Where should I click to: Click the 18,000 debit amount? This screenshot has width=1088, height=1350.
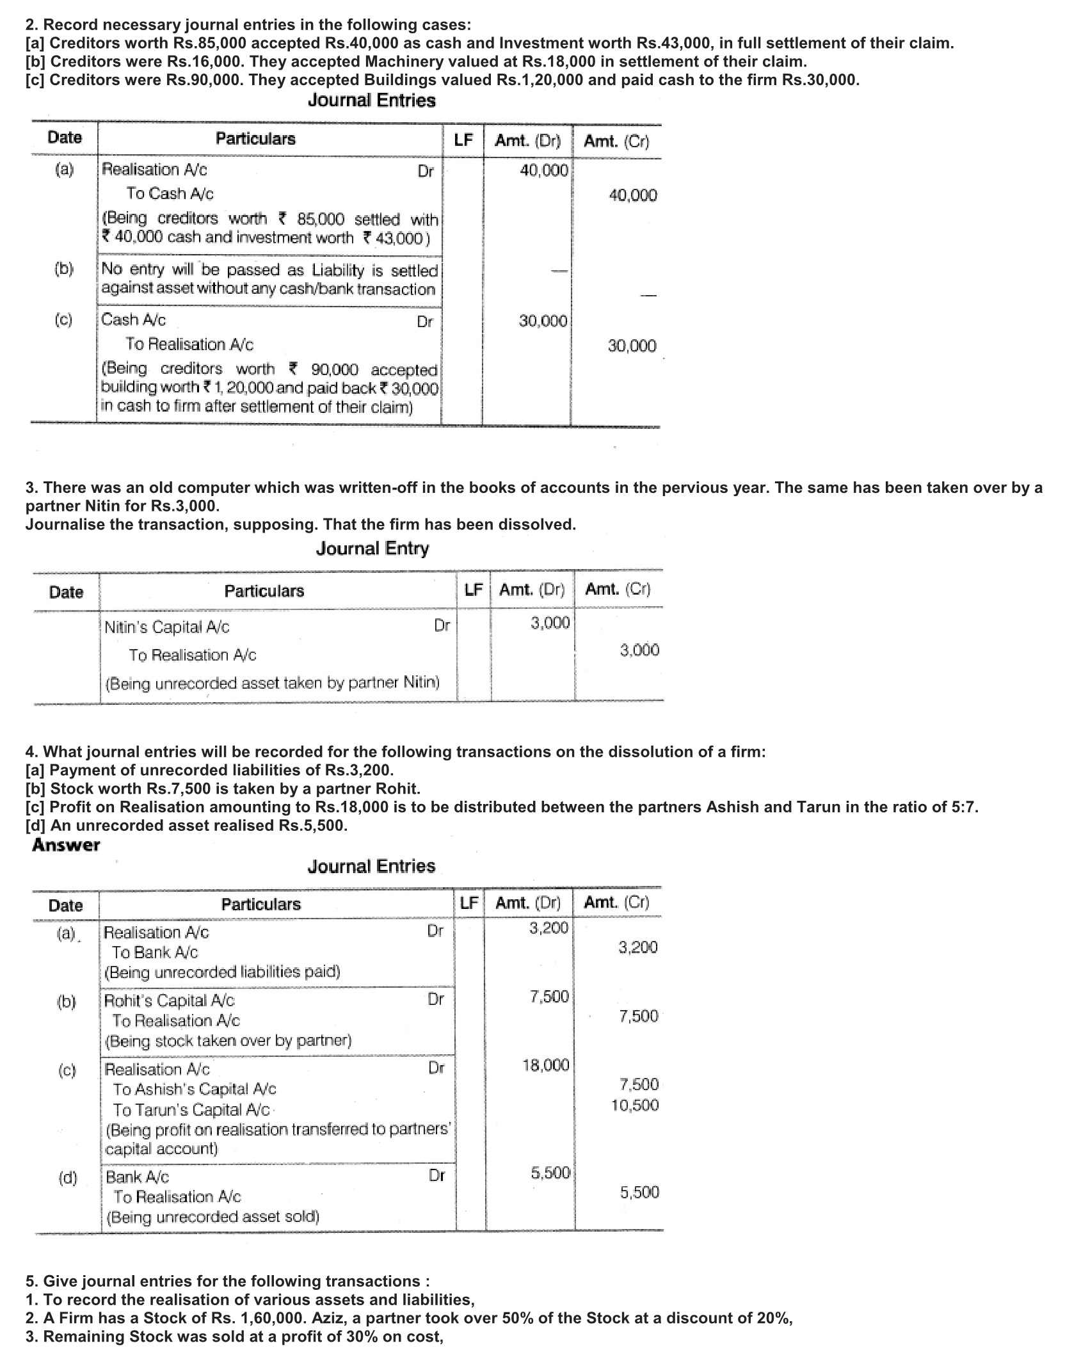point(545,1065)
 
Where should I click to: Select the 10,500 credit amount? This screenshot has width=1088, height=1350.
point(634,1105)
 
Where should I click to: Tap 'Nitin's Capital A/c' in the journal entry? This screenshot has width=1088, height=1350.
point(166,627)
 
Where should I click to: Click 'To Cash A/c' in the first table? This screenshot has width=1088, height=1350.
point(170,193)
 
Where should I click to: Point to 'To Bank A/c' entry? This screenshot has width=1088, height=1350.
point(155,952)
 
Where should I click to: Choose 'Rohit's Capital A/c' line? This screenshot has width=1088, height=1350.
point(169,1000)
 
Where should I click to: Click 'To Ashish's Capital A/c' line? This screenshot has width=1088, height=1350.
point(195,1089)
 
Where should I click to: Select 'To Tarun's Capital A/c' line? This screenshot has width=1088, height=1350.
point(191,1109)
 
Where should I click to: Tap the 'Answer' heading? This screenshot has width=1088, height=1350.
point(66,845)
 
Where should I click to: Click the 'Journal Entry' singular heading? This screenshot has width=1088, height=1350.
point(372,549)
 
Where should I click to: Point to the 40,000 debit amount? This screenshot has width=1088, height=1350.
point(543,170)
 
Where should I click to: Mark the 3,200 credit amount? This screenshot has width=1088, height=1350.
point(637,947)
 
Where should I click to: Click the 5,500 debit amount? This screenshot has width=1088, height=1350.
point(550,1173)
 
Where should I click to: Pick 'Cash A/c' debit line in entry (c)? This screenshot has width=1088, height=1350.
point(134,319)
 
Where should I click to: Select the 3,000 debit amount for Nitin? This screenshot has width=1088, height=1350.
point(550,623)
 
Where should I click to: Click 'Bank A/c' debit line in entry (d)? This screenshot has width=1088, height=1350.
point(138,1177)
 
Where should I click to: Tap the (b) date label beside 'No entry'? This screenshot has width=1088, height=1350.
point(64,268)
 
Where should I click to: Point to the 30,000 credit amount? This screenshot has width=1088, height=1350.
point(632,346)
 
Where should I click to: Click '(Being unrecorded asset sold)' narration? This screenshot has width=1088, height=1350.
point(212,1217)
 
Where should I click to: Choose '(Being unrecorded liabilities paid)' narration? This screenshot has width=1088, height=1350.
point(222,972)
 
